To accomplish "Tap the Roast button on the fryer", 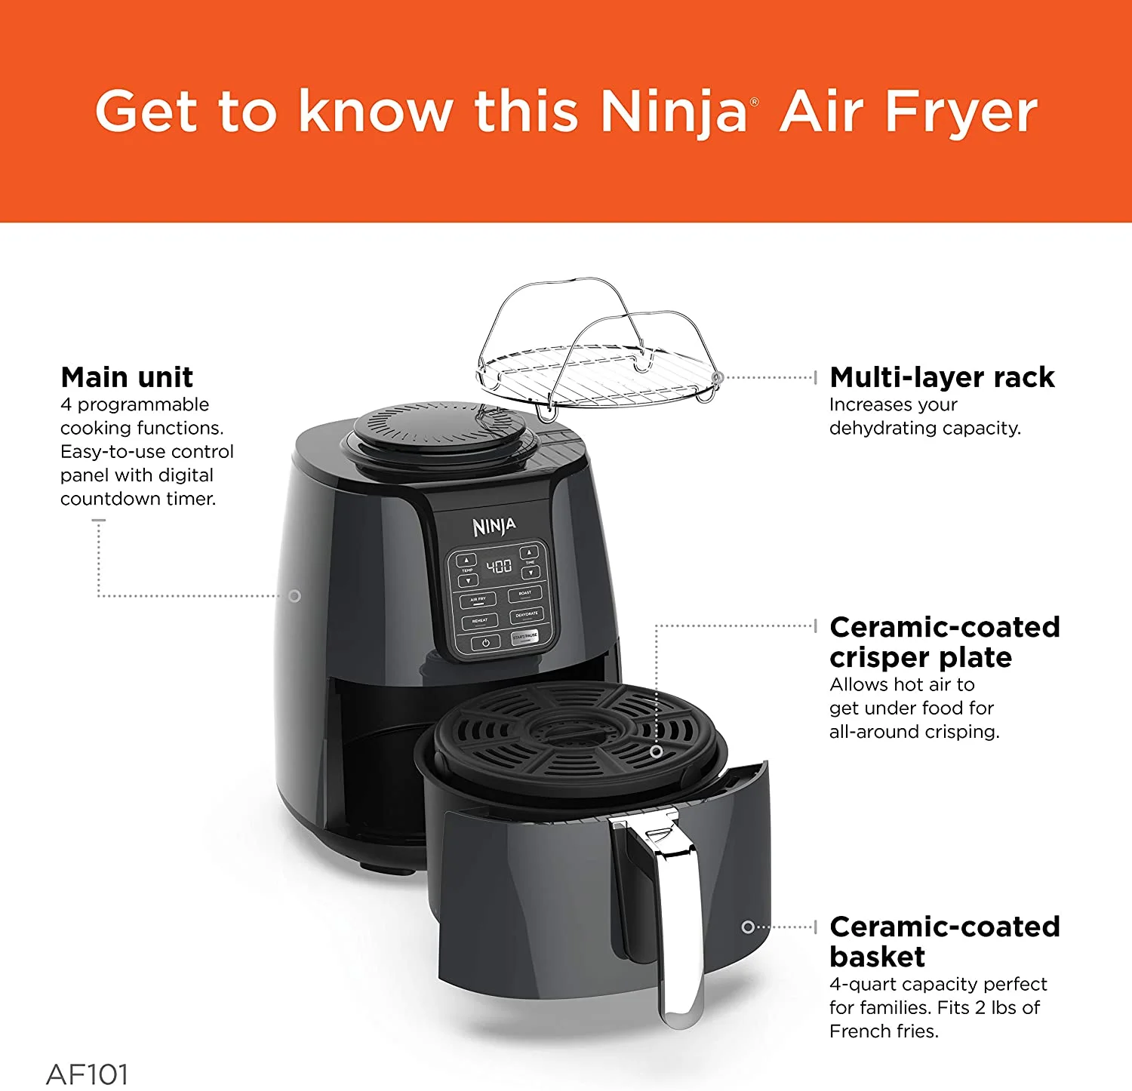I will tap(525, 594).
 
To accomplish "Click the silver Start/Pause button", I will tap(525, 638).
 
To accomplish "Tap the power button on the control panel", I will tap(485, 643).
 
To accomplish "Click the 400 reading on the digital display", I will tap(499, 566).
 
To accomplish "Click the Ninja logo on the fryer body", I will tap(494, 526).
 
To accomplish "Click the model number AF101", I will tap(87, 1074).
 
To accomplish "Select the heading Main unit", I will tap(127, 377).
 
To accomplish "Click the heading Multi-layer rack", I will tap(942, 377).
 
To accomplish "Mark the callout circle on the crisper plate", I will tap(657, 751).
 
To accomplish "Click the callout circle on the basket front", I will tap(748, 927).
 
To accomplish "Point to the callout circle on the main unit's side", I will tap(294, 596).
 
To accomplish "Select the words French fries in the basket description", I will tap(883, 1031).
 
